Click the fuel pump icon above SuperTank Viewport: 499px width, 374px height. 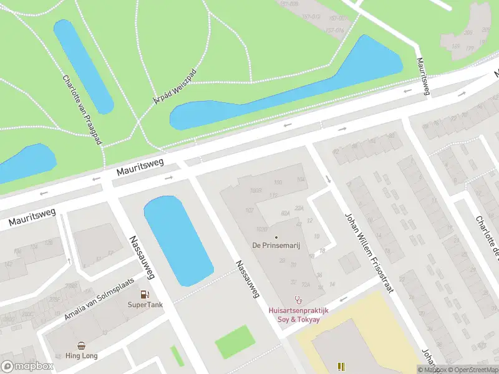(145, 294)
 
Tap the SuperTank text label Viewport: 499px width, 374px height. (145, 305)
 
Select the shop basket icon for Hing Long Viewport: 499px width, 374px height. (82, 345)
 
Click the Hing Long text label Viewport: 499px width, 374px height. (82, 356)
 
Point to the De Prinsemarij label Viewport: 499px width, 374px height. (276, 246)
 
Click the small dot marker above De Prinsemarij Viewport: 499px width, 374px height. (276, 236)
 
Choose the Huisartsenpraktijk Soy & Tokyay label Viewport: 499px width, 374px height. (298, 315)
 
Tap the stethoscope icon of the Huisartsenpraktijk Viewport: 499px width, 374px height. (298, 300)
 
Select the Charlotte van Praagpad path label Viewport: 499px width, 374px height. (82, 110)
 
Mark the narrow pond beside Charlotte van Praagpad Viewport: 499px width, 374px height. (84, 65)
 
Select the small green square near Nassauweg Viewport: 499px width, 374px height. (235, 342)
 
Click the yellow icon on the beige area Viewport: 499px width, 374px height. (341, 367)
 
